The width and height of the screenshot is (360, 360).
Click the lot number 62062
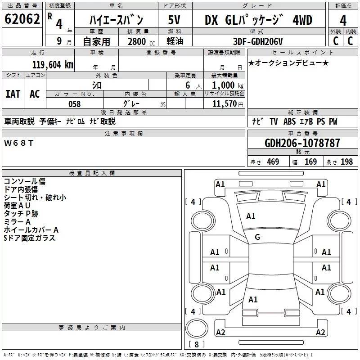click(22, 19)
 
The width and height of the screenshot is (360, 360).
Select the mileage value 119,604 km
click(53, 65)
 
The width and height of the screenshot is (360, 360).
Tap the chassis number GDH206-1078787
click(302, 143)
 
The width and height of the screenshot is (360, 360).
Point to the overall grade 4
click(343, 20)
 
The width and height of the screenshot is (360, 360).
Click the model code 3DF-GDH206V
click(258, 41)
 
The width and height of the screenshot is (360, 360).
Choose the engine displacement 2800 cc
click(141, 41)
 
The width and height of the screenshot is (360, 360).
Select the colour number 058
click(75, 104)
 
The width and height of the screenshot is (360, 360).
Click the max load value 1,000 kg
click(228, 85)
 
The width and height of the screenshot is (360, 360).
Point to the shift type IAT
click(13, 94)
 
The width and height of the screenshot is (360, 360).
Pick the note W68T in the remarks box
click(18, 143)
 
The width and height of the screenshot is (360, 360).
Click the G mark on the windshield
click(257, 237)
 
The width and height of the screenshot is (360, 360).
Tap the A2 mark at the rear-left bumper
click(220, 332)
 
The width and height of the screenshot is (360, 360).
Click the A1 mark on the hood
click(251, 216)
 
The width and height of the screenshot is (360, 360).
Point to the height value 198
click(346, 162)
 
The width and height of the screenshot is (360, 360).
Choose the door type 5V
click(174, 20)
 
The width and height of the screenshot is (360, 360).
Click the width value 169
click(310, 162)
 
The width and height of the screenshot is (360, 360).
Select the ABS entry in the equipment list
click(289, 121)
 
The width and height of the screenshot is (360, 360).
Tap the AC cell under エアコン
click(35, 94)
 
